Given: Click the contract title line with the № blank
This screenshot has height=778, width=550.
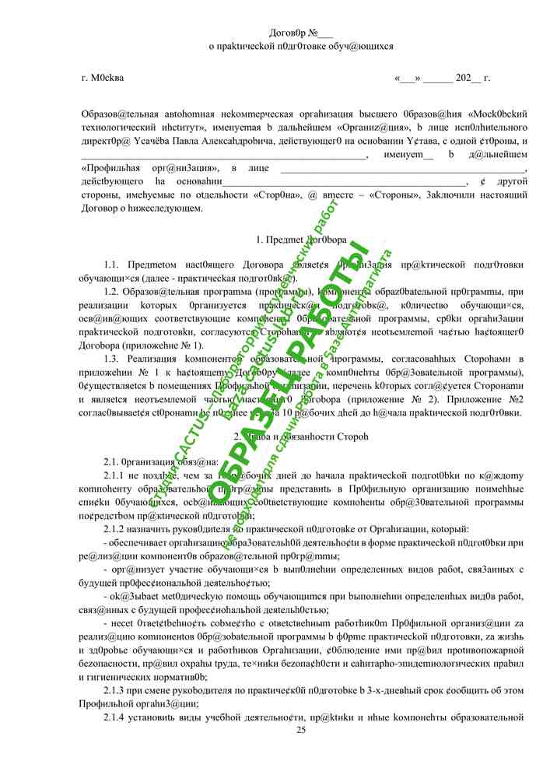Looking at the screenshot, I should click(300, 33).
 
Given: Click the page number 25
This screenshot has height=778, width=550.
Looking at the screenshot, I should click(301, 729).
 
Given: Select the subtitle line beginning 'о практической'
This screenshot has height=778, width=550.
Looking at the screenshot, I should click(300, 46).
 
